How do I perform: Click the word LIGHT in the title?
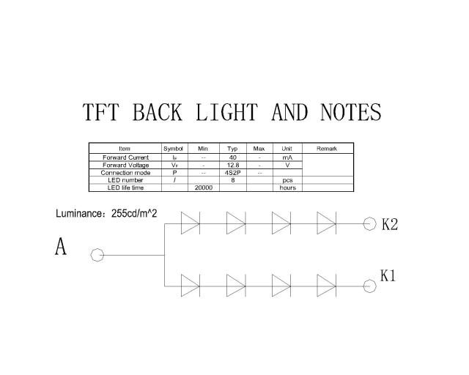[x=226, y=112]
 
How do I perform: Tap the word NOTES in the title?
[x=350, y=112]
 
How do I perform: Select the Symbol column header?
[x=173, y=149]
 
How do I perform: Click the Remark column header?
[x=327, y=149]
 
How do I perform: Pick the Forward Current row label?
[x=125, y=157]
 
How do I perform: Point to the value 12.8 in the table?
[x=233, y=165]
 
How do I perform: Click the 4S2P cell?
[x=233, y=173]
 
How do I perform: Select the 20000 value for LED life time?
[x=204, y=187]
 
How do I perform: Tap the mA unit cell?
[x=287, y=157]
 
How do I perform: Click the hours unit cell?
[x=288, y=187]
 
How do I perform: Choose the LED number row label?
[x=125, y=180]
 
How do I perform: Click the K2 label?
[x=390, y=224]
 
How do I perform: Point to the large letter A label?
[x=61, y=246]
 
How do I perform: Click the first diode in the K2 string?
[x=191, y=223]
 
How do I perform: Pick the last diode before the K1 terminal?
[x=327, y=286]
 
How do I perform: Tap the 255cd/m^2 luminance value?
[x=134, y=214]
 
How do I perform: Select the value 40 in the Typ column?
[x=233, y=157]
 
